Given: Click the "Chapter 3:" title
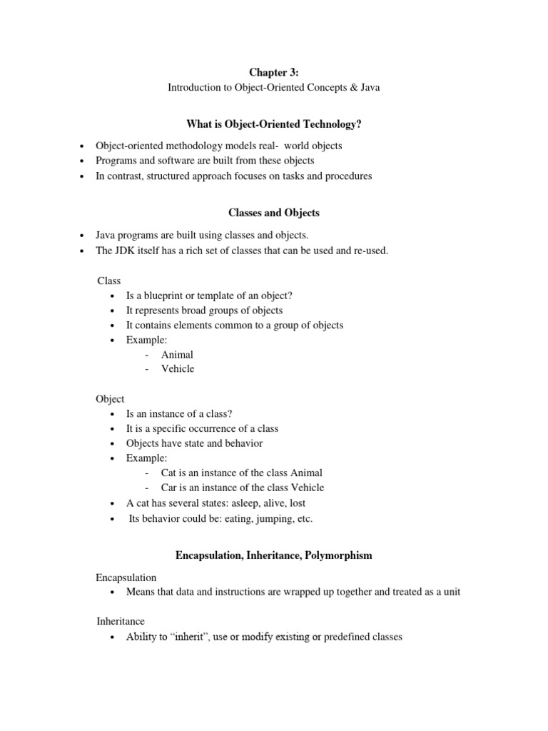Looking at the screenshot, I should point(273,72).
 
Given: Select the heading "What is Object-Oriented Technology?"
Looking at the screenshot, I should point(273,124).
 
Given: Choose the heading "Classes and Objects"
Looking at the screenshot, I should point(273,213).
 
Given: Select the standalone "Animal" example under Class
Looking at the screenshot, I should point(177,354).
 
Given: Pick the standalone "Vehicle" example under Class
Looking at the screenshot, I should point(178,369).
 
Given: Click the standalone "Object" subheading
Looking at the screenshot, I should point(111,399).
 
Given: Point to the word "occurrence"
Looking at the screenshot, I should point(218,428).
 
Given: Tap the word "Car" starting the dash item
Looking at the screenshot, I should point(168,488).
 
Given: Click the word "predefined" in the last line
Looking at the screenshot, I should point(348,636).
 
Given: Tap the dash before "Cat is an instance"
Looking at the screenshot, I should point(146,473).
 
